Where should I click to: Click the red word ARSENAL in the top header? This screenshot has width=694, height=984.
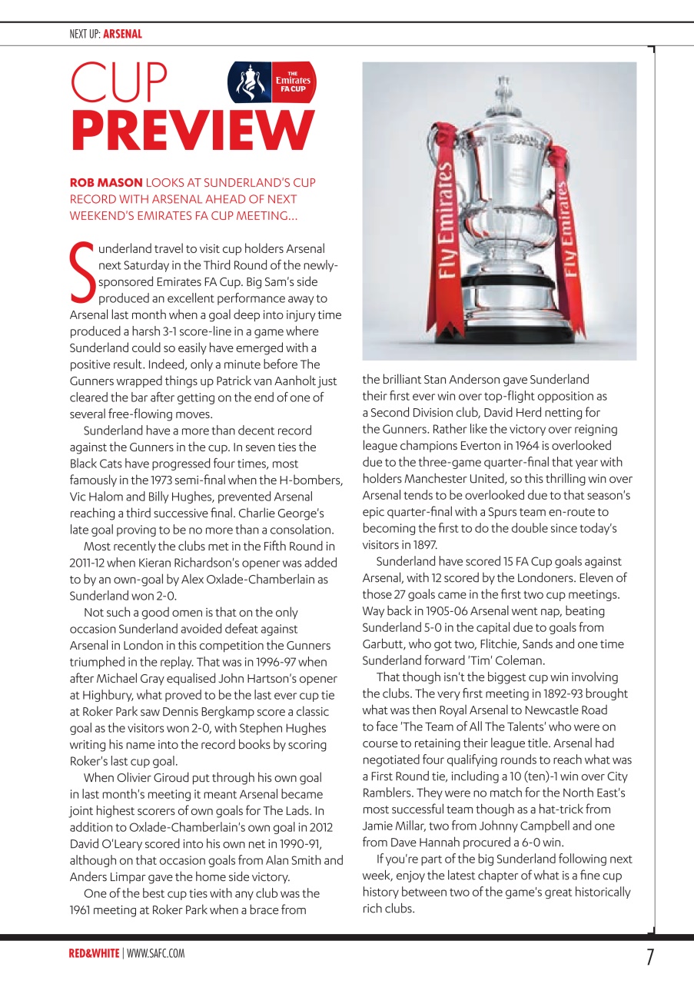click(x=122, y=34)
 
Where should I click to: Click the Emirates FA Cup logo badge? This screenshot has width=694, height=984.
click(x=272, y=83)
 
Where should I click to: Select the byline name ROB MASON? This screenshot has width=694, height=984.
click(x=106, y=183)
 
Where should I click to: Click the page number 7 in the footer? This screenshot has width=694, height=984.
click(x=650, y=957)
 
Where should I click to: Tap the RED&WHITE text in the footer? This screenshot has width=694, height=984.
click(x=94, y=953)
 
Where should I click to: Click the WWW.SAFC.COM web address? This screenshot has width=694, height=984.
click(x=156, y=953)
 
